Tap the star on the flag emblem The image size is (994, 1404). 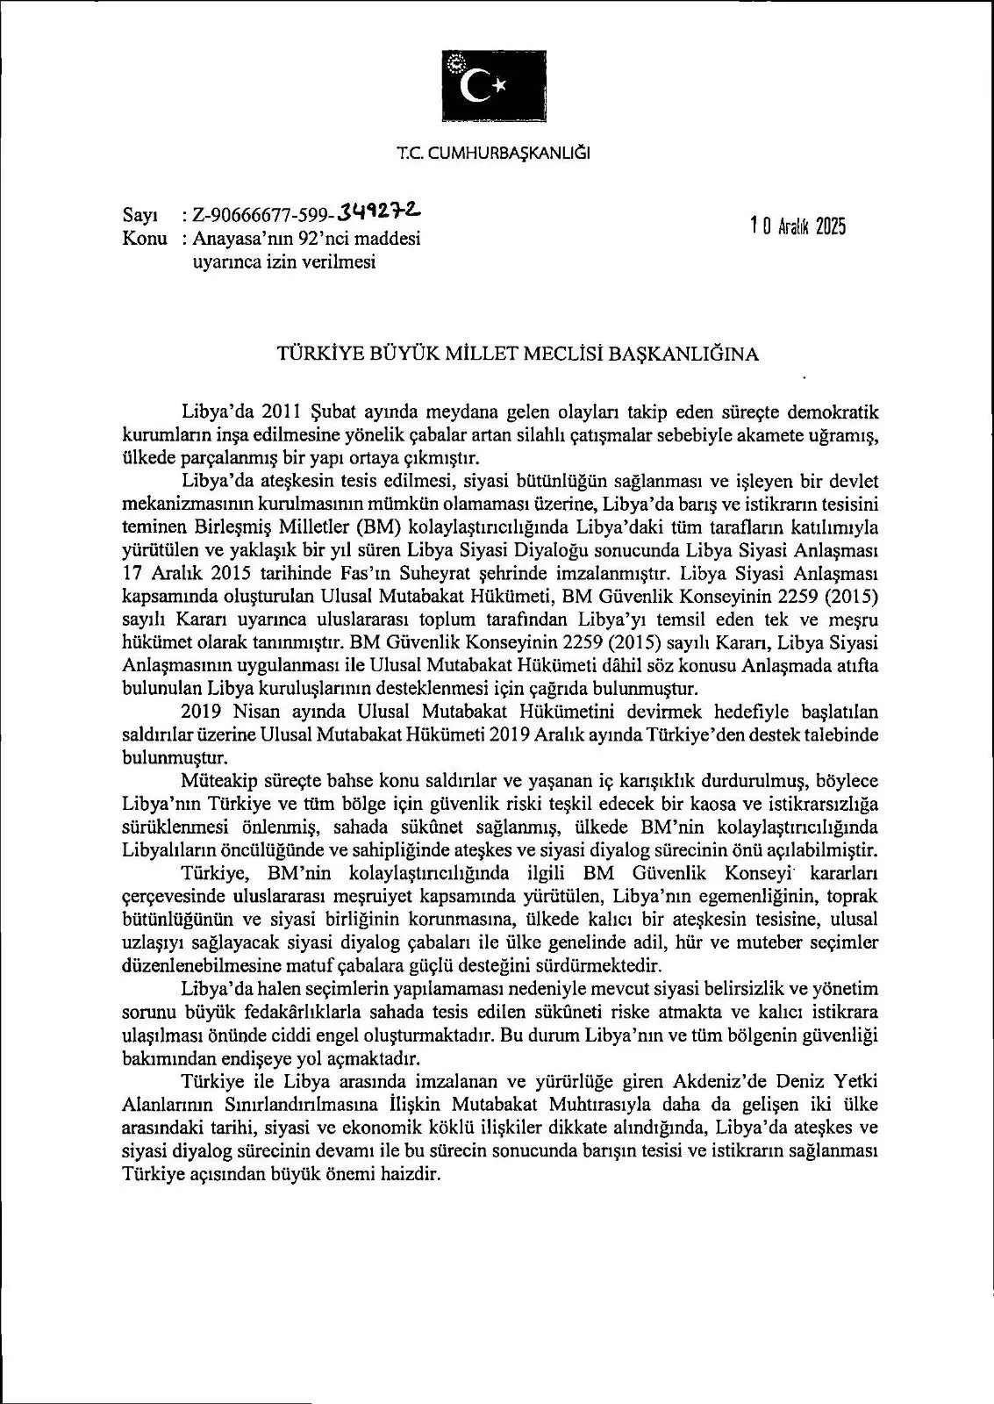point(499,84)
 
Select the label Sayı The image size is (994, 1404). point(139,215)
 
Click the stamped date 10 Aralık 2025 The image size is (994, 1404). point(798,226)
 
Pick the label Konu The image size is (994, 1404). point(144,238)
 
